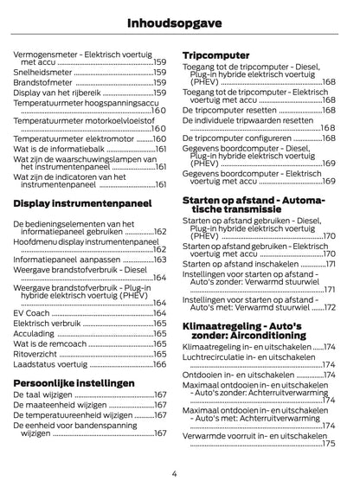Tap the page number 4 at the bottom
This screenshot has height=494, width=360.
[174, 473]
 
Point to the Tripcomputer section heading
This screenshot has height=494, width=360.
[216, 55]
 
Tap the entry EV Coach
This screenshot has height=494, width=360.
[32, 312]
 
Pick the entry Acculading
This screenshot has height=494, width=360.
[35, 333]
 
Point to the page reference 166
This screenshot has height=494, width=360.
[160, 365]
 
